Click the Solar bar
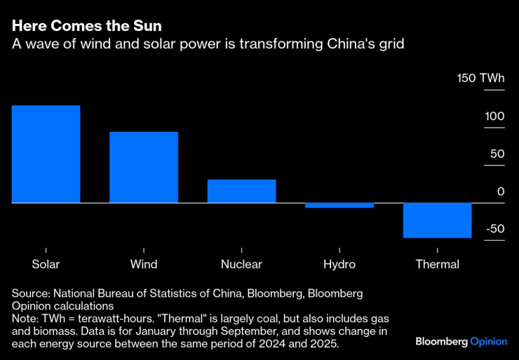[x=46, y=154]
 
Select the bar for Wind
[x=144, y=167]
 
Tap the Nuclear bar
[x=241, y=191]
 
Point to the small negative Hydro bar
[x=339, y=206]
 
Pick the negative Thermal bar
[x=437, y=220]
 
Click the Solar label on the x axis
[x=46, y=265]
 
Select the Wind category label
[x=144, y=265]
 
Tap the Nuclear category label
[x=241, y=265]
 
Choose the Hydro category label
[x=339, y=265]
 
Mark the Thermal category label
[x=437, y=265]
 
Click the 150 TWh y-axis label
[x=480, y=78]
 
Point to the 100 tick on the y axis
[x=494, y=116]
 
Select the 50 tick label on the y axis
[x=497, y=154]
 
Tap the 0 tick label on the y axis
[x=501, y=192]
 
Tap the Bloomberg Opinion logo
[x=460, y=342]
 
